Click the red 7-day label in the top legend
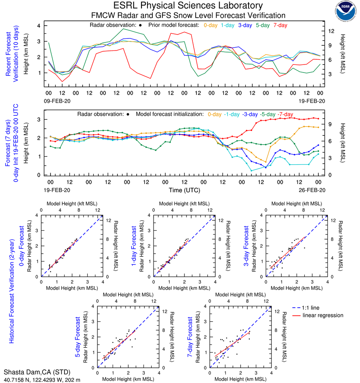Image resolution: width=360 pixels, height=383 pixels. (280, 25)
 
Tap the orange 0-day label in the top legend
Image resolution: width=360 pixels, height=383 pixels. (211, 25)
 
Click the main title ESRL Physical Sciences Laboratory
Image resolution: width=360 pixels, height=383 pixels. (188, 6)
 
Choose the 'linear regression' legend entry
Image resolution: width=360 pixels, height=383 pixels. (323, 315)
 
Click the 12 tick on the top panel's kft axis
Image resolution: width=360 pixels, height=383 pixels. (332, 31)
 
